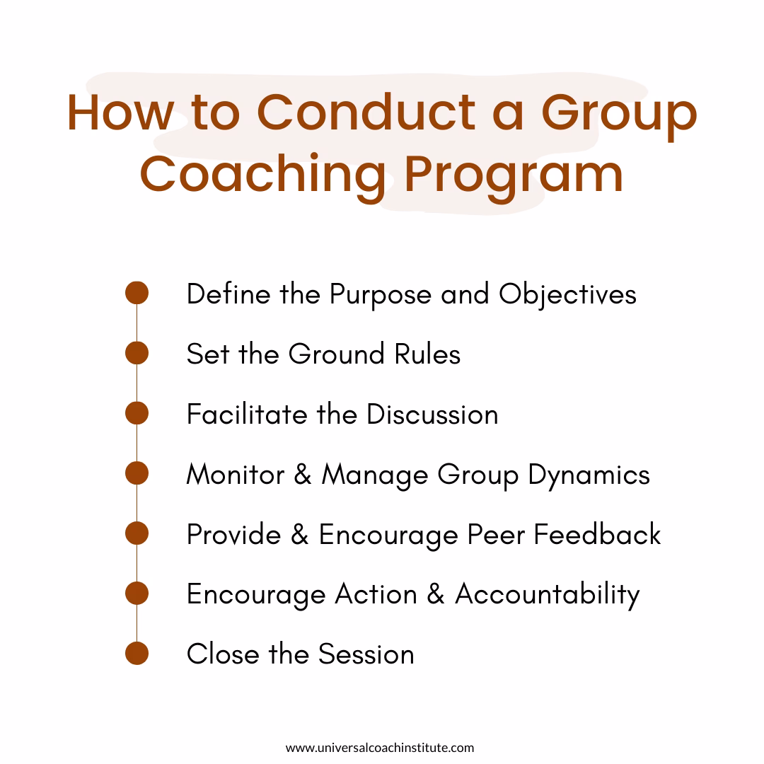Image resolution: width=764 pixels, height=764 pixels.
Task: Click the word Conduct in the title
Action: pos(366,112)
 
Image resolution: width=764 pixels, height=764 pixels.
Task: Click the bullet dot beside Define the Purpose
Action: pos(137,293)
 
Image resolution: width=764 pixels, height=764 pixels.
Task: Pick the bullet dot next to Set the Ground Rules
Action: pos(137,353)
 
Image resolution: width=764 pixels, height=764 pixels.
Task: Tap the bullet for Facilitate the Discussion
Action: pos(137,413)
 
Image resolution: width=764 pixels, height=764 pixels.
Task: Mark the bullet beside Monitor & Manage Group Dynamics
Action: pos(137,473)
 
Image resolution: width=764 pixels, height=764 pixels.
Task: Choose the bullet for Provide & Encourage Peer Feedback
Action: pos(137,533)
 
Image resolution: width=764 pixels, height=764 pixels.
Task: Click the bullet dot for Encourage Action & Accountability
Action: pos(137,594)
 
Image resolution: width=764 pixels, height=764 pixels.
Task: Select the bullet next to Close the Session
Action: pos(137,654)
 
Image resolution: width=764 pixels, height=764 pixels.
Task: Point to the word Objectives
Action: pos(567,295)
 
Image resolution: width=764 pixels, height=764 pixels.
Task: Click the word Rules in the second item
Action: pos(427,354)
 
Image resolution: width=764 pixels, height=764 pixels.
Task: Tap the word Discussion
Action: pos(432,414)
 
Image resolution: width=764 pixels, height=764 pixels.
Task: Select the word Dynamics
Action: pos(589,475)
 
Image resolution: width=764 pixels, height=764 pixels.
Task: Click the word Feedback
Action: pos(597,534)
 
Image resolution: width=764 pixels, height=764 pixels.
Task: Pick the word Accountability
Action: pos(547,595)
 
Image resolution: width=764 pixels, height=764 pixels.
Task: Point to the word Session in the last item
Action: pos(366,654)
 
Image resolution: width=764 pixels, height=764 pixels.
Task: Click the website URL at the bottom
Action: pos(380,748)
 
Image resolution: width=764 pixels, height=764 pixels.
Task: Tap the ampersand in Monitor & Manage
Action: pos(303,474)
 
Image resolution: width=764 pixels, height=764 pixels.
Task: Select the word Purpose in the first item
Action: pos(381,295)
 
